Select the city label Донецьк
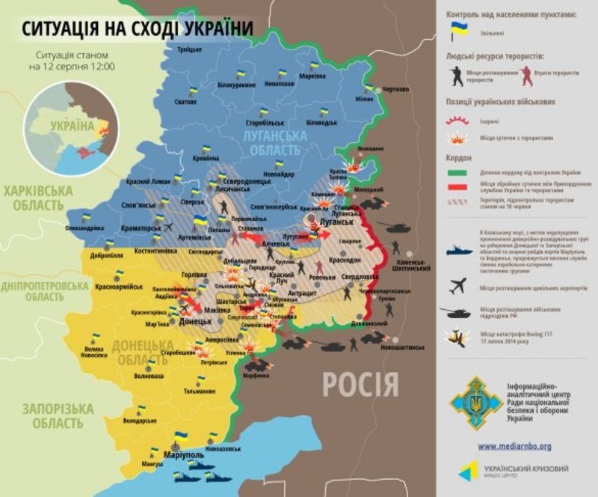point(197,321)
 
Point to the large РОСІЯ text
point(360,385)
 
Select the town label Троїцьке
point(190,49)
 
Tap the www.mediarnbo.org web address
point(514,446)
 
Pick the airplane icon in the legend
point(457,285)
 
